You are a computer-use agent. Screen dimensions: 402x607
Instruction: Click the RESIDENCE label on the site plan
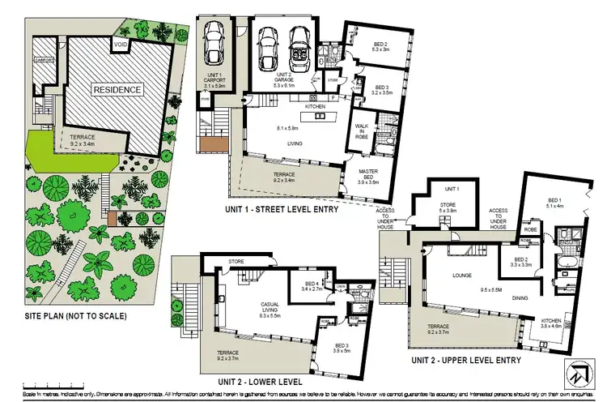tap(117, 89)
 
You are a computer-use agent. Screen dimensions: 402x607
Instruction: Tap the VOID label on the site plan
tap(120, 45)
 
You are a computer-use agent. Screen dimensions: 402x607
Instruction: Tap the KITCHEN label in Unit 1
tap(314, 107)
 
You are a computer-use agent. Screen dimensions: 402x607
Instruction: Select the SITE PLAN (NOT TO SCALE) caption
tap(75, 315)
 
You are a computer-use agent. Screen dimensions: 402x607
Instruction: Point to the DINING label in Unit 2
tap(520, 297)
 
